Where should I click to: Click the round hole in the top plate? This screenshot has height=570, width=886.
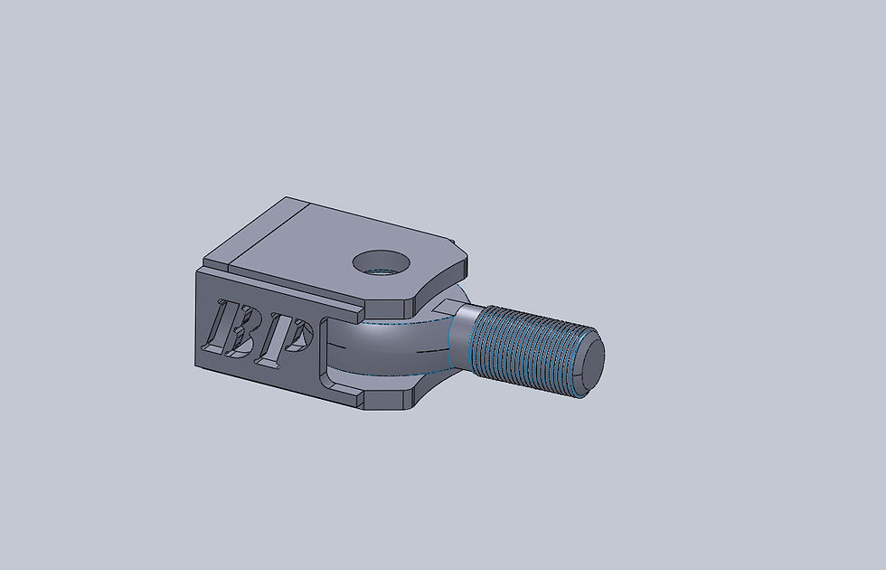click(382, 262)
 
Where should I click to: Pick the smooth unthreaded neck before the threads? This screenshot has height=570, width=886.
click(460, 337)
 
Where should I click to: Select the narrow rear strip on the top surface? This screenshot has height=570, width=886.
click(255, 232)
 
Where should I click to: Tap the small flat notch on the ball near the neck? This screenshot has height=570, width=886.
click(448, 307)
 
